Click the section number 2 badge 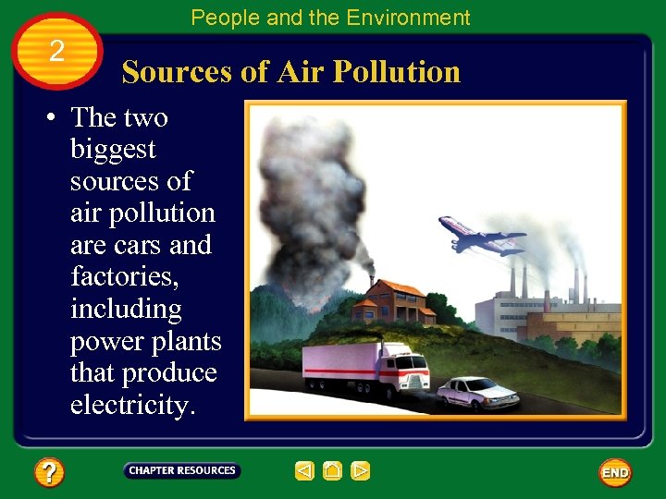[x=56, y=51]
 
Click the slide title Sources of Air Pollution [x=290, y=72]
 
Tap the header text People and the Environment [x=330, y=18]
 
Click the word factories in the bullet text [x=123, y=276]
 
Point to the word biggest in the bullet [x=113, y=149]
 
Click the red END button [x=615, y=472]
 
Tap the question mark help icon [x=49, y=473]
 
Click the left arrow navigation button [x=304, y=471]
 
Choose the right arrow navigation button [x=361, y=471]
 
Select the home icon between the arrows [x=333, y=471]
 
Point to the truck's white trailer [x=342, y=362]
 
